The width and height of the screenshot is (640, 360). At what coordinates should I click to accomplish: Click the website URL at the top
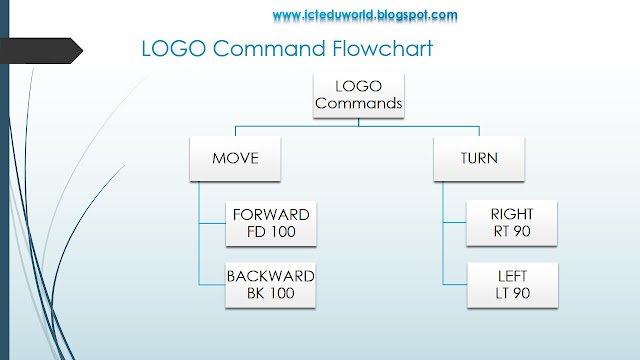coord(364,15)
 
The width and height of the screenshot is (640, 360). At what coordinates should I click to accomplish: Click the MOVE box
coord(235,159)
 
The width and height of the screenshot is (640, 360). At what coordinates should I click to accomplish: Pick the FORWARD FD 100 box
coord(271,224)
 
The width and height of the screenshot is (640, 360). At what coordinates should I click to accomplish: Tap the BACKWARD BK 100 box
coord(271,284)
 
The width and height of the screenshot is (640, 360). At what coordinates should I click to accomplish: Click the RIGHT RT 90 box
coord(513,224)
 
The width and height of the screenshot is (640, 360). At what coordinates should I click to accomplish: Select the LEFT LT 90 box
coord(513,284)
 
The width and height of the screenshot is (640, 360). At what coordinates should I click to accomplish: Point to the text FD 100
coord(271,233)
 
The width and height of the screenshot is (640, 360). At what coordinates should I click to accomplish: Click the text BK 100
coord(271,293)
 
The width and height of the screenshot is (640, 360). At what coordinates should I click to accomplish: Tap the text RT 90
coord(513,233)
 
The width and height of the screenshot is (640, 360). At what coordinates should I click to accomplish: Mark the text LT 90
coord(513,293)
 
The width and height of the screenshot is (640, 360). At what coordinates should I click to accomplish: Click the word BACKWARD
coord(271,276)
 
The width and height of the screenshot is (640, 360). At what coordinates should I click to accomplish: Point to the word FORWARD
coord(271,215)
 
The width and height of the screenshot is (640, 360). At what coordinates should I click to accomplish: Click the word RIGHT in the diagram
coord(513,215)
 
